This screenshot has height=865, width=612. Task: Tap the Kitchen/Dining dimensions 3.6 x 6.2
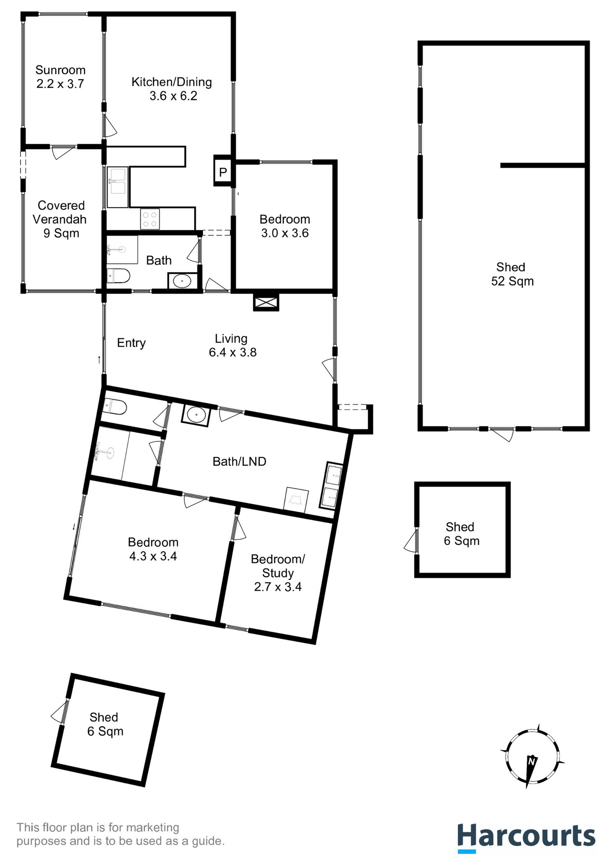click(x=173, y=96)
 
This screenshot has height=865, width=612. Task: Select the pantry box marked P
click(x=223, y=172)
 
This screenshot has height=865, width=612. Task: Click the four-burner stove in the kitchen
click(x=150, y=219)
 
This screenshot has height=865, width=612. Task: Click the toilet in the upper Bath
click(x=118, y=275)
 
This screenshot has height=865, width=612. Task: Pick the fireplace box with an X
click(x=266, y=303)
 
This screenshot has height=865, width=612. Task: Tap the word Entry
click(x=131, y=343)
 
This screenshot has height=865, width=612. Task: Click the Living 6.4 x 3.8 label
click(x=232, y=346)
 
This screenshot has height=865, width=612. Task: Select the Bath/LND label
click(x=239, y=461)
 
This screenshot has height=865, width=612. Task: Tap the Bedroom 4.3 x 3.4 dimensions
click(x=153, y=556)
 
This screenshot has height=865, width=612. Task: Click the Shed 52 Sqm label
click(x=512, y=274)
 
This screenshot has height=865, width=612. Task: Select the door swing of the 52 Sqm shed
click(x=502, y=435)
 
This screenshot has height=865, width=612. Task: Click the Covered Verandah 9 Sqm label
click(x=60, y=219)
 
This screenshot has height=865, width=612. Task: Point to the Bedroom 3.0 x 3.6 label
click(x=285, y=226)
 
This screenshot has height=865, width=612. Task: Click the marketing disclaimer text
click(x=120, y=834)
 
